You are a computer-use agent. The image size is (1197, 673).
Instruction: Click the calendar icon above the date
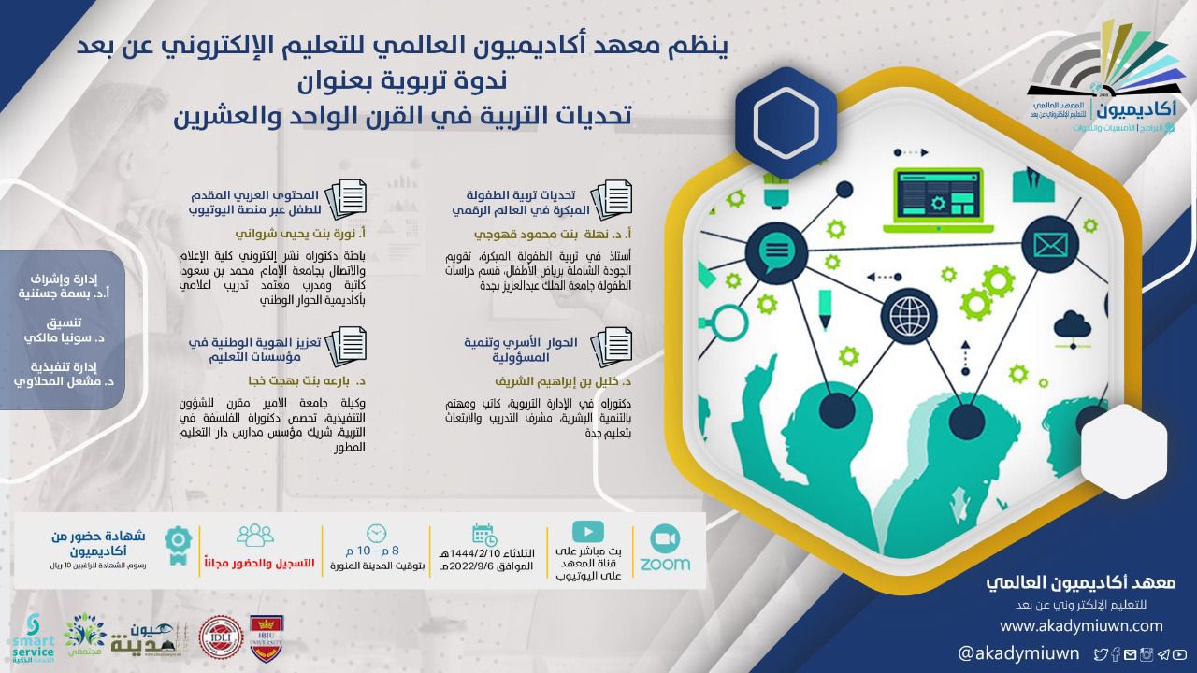pos(483,535)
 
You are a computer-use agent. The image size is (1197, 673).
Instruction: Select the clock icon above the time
pos(376,533)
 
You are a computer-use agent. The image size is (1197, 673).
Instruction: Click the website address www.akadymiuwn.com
pos(1081,624)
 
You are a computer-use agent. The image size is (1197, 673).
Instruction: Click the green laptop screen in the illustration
pos(937,193)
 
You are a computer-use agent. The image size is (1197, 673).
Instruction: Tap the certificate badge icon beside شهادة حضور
pos(178,541)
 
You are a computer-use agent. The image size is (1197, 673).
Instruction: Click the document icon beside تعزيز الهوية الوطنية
pos(352,343)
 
